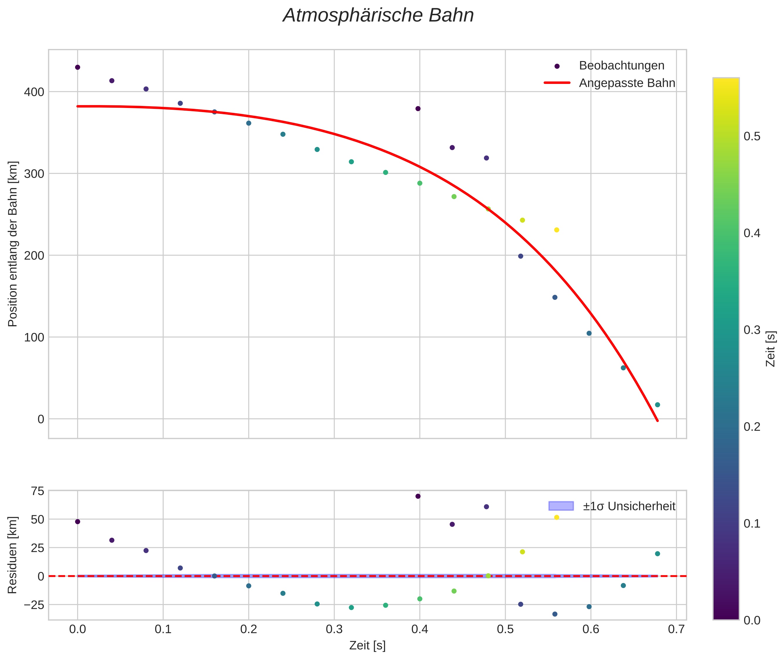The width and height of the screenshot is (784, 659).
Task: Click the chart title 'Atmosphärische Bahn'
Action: point(378,16)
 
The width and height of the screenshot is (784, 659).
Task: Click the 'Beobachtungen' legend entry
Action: point(621,66)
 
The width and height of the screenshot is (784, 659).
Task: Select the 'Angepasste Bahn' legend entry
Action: point(627,83)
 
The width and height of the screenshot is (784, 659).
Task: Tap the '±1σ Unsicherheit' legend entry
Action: point(629,506)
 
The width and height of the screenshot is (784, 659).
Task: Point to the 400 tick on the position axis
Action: point(34,92)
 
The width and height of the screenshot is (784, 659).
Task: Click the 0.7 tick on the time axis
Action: point(676,629)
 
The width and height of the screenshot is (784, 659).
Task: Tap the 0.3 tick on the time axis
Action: point(334,629)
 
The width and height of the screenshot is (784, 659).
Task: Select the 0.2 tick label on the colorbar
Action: point(752,427)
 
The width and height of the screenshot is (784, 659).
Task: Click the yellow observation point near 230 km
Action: point(556,230)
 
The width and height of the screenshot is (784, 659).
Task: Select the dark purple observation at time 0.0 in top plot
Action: point(78,67)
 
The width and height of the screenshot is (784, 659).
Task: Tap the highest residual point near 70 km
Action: point(418,496)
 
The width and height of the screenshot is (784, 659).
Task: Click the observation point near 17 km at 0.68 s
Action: point(657,405)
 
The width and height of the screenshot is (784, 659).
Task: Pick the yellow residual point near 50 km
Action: point(556,517)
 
